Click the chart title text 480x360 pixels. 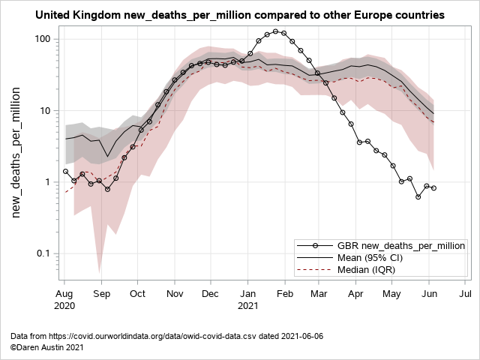click(x=240, y=15)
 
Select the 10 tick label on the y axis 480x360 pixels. click(x=44, y=110)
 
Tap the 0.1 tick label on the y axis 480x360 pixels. click(x=42, y=253)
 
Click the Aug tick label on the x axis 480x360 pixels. click(x=64, y=293)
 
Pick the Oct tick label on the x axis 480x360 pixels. click(x=138, y=293)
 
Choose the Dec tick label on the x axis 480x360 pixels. click(x=211, y=293)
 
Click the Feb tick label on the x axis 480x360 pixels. click(x=286, y=293)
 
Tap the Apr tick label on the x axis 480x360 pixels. click(x=355, y=293)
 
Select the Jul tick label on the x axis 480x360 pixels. click(x=465, y=293)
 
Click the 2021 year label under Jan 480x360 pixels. click(x=248, y=305)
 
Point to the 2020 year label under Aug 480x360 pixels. click(x=64, y=305)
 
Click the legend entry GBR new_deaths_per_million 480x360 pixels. click(x=400, y=245)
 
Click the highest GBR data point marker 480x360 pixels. click(x=276, y=32)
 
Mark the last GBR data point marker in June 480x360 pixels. click(x=434, y=188)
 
